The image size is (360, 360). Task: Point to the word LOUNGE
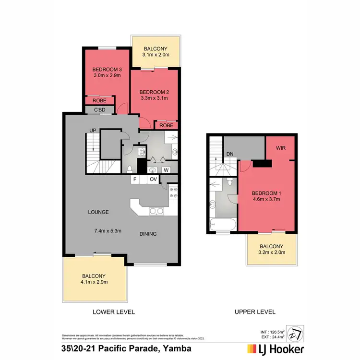(x=98, y=212)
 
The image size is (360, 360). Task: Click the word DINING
(x=148, y=234)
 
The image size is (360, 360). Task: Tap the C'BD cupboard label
(x=99, y=110)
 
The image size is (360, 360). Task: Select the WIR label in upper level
(x=281, y=148)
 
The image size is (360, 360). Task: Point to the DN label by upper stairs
(x=230, y=154)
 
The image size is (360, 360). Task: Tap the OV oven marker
(x=153, y=180)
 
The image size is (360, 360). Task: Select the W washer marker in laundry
(x=166, y=169)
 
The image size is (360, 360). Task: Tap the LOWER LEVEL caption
(x=114, y=312)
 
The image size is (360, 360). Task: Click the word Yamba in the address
(x=178, y=348)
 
